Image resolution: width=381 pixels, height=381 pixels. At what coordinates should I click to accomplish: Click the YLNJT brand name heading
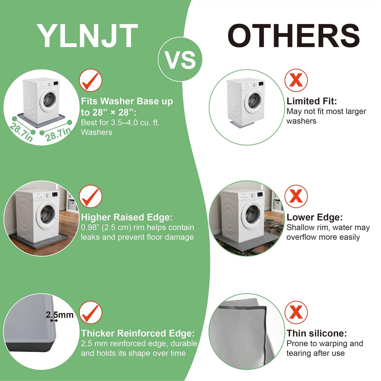tap(87, 36)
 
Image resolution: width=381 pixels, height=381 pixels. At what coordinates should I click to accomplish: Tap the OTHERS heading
tap(294, 36)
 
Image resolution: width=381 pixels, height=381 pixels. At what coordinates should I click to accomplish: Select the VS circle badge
tap(180, 59)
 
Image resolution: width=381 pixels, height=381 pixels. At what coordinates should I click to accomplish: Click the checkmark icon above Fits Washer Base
tap(90, 80)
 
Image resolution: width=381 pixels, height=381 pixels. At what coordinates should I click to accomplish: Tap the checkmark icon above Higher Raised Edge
tap(90, 196)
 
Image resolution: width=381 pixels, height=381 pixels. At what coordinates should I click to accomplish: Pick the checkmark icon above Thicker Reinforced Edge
tap(90, 313)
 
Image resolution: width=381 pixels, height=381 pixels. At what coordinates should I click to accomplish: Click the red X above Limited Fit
tap(296, 80)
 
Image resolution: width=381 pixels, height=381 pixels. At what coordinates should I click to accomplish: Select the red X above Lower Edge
tap(296, 196)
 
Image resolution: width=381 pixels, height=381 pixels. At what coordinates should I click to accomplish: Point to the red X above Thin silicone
tap(296, 312)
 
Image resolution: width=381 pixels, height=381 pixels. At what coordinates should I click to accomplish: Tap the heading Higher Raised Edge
tap(127, 217)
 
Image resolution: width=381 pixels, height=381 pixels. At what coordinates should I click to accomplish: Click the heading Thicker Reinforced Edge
tap(138, 333)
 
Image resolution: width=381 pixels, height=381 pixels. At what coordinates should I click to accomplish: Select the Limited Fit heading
tap(312, 101)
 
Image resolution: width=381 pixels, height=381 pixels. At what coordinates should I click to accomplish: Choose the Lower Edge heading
tap(315, 217)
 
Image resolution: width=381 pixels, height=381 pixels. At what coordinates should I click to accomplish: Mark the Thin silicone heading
tap(317, 333)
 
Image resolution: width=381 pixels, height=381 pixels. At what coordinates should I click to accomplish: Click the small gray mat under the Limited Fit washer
tap(242, 125)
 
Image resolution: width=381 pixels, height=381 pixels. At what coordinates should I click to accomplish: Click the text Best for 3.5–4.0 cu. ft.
tap(120, 123)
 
